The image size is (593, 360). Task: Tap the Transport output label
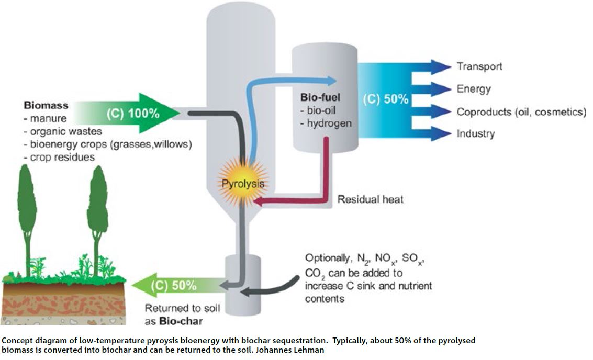pyautogui.click(x=479, y=66)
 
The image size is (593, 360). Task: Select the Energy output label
pyautogui.click(x=473, y=88)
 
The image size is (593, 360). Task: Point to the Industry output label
pyautogui.click(x=475, y=133)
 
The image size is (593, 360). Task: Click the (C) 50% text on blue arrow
pyautogui.click(x=385, y=99)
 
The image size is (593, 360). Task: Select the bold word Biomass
pyautogui.click(x=46, y=106)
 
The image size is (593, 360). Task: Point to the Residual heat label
pyautogui.click(x=370, y=199)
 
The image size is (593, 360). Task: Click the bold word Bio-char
pyautogui.click(x=183, y=321)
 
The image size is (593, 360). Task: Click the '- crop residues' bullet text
pyautogui.click(x=59, y=157)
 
